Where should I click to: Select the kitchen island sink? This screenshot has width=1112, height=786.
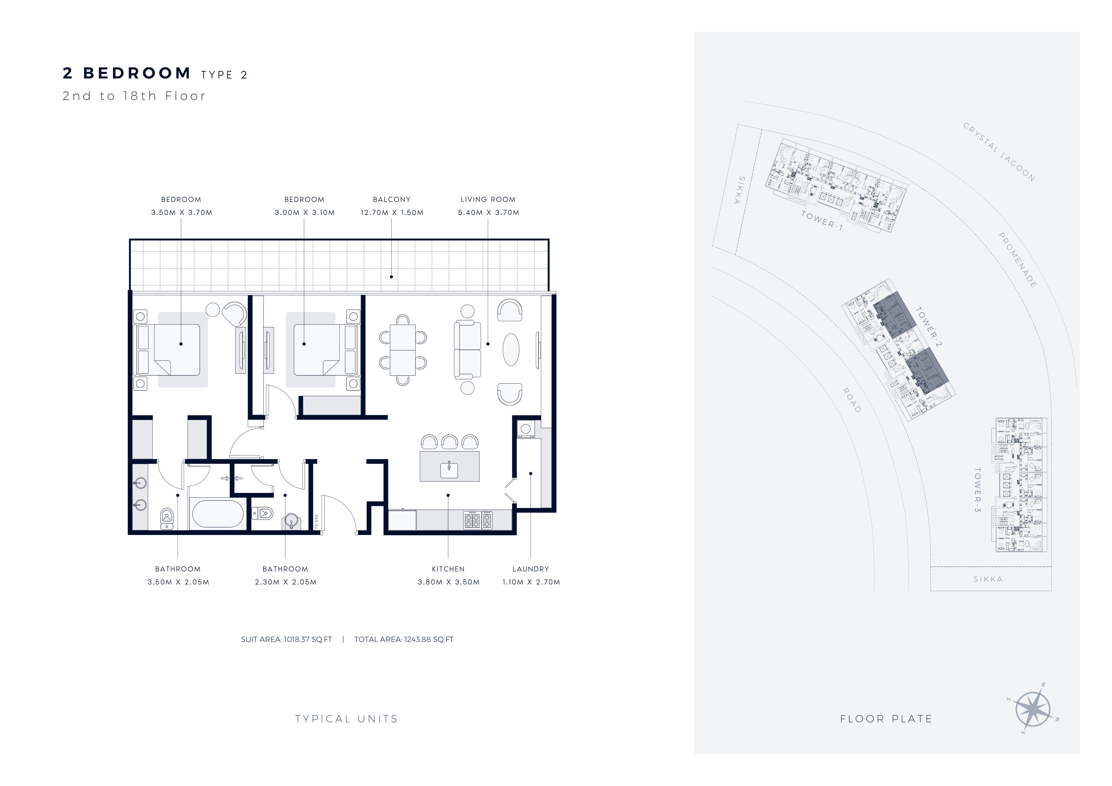tap(449, 470)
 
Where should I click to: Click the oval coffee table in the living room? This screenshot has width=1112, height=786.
tap(511, 349)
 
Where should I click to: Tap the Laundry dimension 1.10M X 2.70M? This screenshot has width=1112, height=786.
tap(531, 582)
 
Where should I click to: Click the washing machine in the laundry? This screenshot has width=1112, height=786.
tap(525, 428)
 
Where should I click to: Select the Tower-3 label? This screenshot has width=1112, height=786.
tap(978, 490)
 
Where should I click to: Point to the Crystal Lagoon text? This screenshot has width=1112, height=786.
tap(999, 152)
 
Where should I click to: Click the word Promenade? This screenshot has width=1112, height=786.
tap(1018, 260)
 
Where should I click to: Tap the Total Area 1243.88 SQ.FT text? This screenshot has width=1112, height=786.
tap(404, 639)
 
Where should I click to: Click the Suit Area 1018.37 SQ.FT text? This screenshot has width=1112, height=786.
tap(286, 639)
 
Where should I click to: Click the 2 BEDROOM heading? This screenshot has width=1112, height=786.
tap(127, 73)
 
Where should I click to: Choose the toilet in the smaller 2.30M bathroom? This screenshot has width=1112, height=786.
tap(262, 513)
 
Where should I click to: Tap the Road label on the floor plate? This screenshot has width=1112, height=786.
tap(851, 400)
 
